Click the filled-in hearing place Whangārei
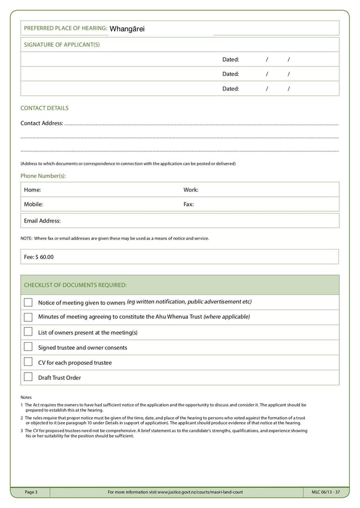(127, 29)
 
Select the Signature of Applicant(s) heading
(61, 44)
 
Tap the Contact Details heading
(44, 108)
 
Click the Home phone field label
(32, 190)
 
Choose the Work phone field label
(191, 190)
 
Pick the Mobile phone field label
(33, 205)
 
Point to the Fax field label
(188, 205)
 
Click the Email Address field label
(42, 221)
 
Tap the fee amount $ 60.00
(43, 257)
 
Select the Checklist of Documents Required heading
(75, 285)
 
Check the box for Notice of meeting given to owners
(28, 302)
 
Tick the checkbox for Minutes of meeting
(28, 317)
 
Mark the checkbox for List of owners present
(28, 332)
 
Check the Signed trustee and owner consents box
(28, 347)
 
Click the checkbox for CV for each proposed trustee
(28, 362)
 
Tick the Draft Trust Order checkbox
(28, 377)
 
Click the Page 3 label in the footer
(31, 493)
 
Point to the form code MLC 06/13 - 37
(326, 493)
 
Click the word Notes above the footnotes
(26, 397)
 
